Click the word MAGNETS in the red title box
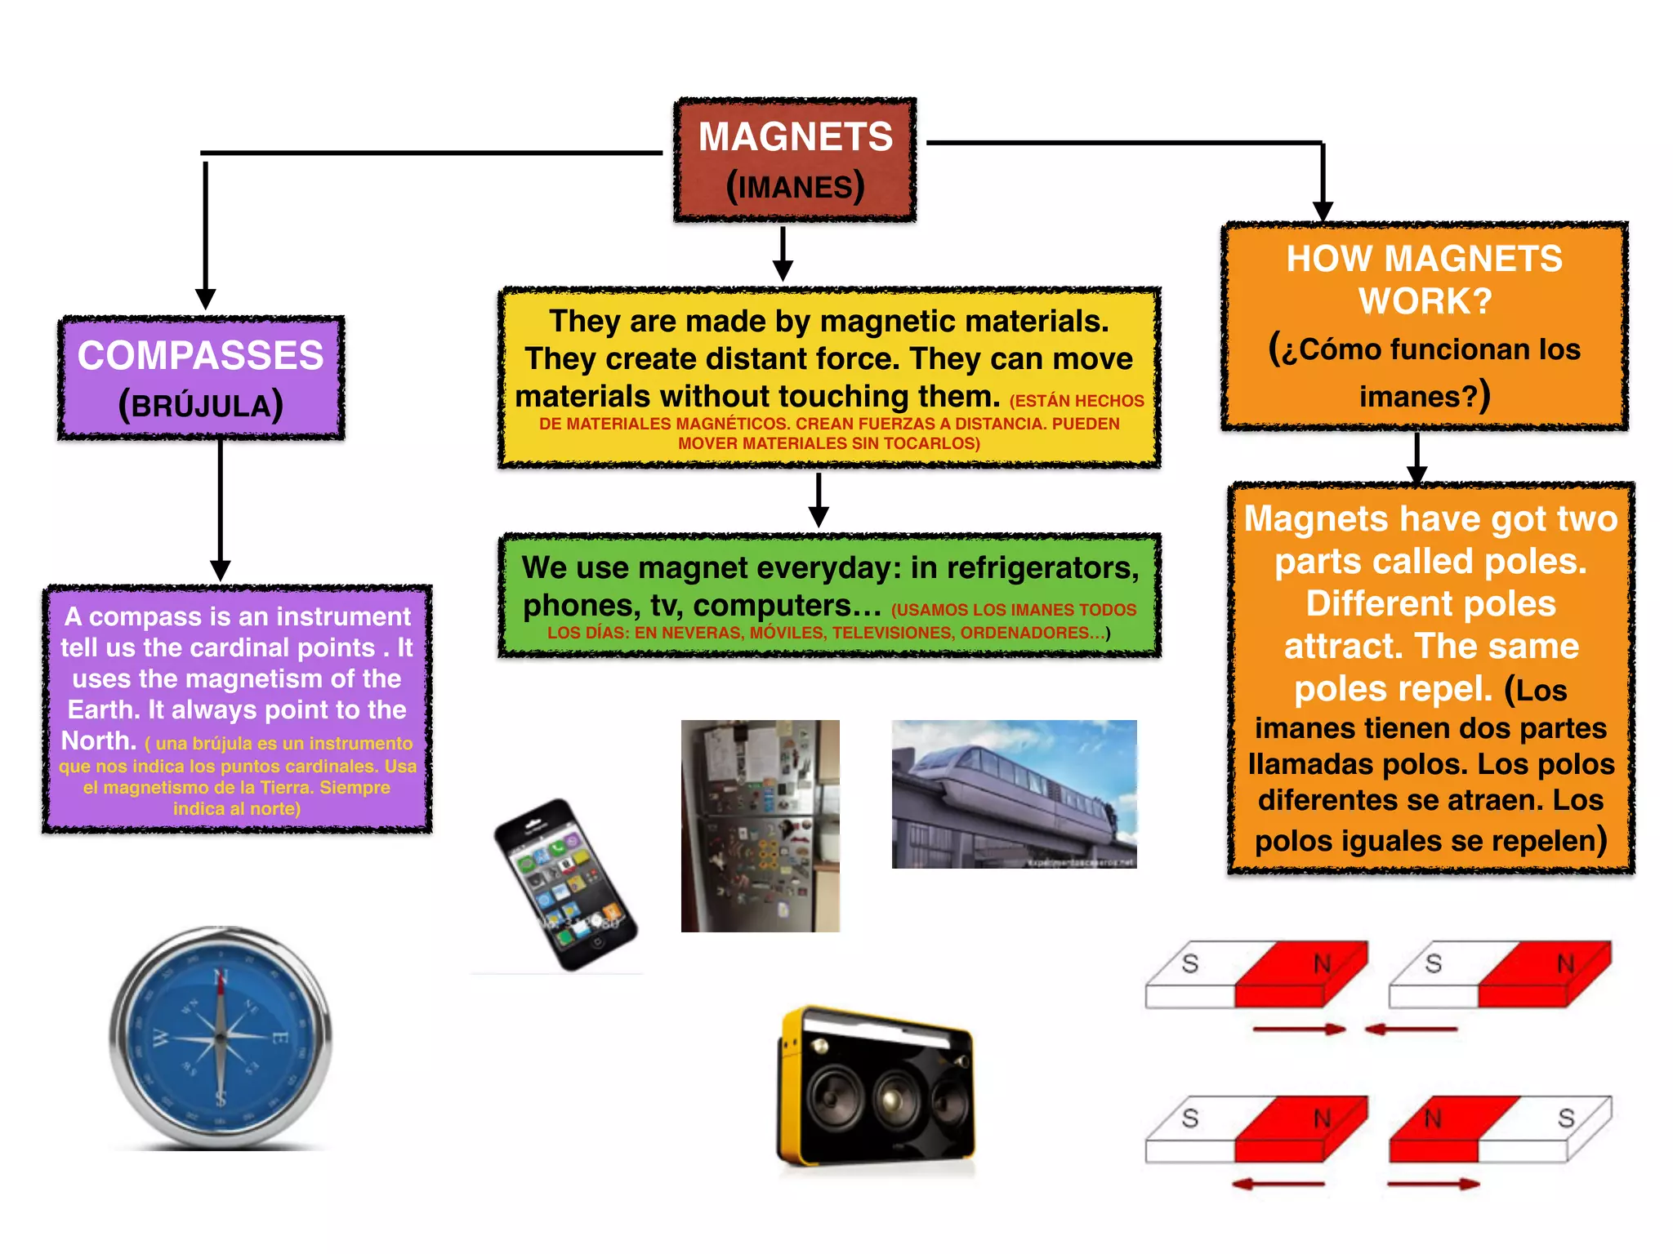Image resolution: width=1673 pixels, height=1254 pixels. point(795,136)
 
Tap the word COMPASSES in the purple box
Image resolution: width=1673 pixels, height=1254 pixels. point(200,356)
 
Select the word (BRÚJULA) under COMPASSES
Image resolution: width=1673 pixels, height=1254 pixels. point(200,406)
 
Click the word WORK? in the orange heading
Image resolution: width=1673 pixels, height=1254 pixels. point(1425,301)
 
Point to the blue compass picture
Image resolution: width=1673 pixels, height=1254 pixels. point(221,1037)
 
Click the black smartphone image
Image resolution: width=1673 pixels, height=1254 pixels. point(565,885)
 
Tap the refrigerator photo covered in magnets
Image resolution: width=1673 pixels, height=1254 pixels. point(760,825)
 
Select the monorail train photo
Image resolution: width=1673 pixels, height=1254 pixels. point(1014,794)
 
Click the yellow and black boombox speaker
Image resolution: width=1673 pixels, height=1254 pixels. point(875,1086)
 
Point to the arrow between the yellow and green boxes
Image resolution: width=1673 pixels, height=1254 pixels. point(819,500)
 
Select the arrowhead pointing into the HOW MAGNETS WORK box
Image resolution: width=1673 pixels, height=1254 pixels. point(1323,211)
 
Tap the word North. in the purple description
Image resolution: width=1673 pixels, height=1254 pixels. point(99,740)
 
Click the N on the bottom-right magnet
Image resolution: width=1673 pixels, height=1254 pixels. point(1433,1118)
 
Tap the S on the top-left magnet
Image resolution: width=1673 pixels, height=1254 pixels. point(1190,963)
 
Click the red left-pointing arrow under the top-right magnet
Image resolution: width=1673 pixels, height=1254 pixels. point(1411,1029)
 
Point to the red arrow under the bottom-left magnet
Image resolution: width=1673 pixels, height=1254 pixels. point(1278,1184)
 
